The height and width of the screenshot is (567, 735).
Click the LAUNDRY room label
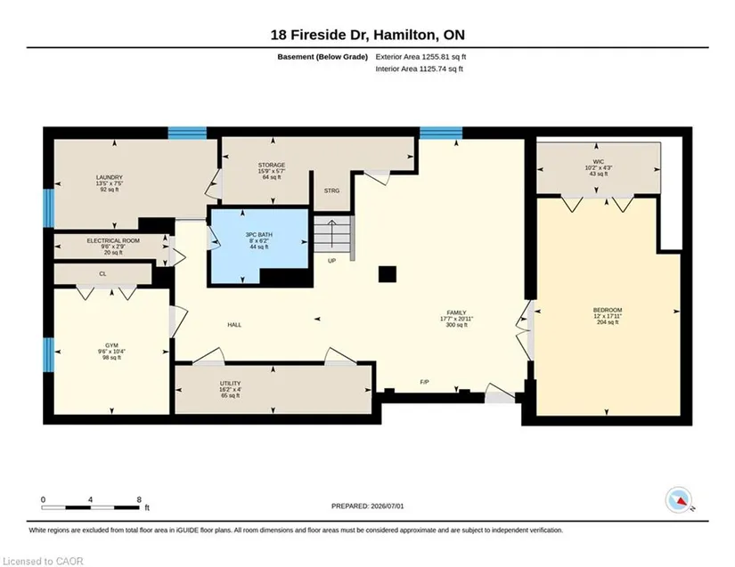click(x=110, y=177)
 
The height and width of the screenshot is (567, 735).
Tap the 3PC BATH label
click(x=258, y=235)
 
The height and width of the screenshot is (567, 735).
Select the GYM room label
click(x=111, y=345)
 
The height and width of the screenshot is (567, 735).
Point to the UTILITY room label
click(x=230, y=383)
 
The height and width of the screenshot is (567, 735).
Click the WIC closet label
click(x=599, y=161)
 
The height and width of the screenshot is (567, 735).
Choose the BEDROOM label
click(x=608, y=310)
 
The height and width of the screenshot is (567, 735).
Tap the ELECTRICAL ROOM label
click(x=113, y=240)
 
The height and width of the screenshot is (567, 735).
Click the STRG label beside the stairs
click(x=331, y=190)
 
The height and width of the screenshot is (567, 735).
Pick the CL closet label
click(x=102, y=274)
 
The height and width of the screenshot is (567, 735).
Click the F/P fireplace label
click(x=424, y=382)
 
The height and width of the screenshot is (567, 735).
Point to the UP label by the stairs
click(x=332, y=261)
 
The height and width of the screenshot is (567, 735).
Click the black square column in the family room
click(x=388, y=274)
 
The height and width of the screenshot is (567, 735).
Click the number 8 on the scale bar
click(x=139, y=499)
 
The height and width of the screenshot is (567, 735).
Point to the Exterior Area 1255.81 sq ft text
click(x=421, y=57)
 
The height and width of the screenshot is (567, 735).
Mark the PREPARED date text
click(x=367, y=506)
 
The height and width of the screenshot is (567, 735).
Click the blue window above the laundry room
click(x=187, y=133)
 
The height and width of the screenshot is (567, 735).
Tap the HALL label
click(x=234, y=325)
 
